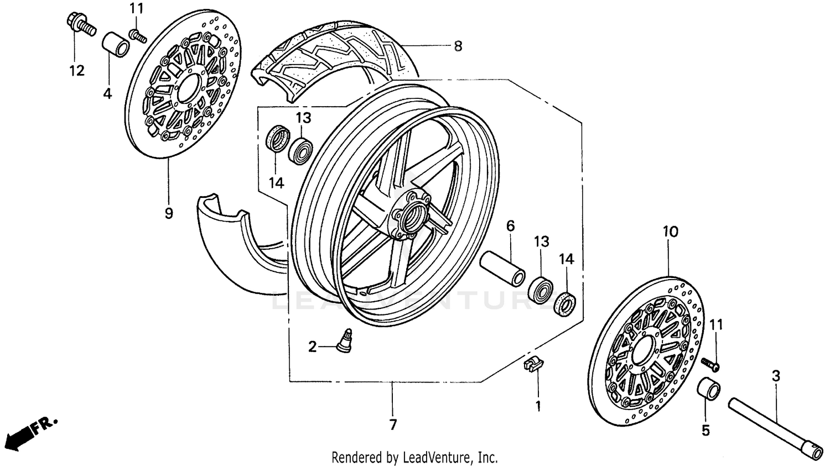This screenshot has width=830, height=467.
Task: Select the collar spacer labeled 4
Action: click(x=116, y=45)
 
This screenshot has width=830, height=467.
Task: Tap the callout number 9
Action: click(x=169, y=213)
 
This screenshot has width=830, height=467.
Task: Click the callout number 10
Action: click(x=670, y=232)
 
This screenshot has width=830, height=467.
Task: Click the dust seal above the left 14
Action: click(x=278, y=138)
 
